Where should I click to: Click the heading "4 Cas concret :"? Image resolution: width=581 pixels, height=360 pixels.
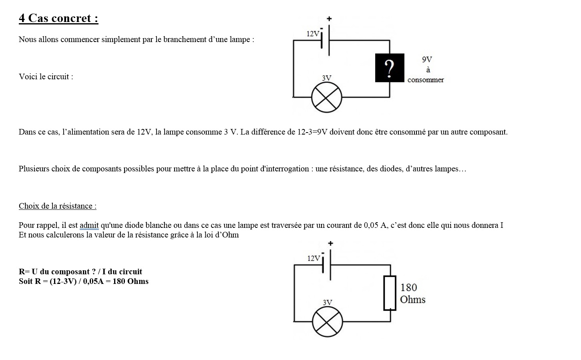click(x=58, y=18)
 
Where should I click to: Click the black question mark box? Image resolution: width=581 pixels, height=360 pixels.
click(x=389, y=68)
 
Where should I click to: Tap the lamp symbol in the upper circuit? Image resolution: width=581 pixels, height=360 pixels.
click(x=327, y=97)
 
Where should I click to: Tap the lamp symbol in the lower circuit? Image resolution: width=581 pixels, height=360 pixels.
click(x=328, y=322)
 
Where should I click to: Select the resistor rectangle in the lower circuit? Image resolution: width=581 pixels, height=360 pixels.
click(x=390, y=293)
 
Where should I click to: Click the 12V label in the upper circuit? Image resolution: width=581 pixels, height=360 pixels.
click(x=313, y=34)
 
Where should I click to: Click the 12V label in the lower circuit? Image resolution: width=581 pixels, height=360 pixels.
click(x=314, y=258)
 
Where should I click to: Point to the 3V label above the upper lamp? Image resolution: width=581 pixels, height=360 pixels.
click(x=326, y=78)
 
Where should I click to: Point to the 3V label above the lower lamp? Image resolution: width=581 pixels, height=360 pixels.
click(x=327, y=302)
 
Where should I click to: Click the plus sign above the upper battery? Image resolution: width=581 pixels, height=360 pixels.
click(x=329, y=18)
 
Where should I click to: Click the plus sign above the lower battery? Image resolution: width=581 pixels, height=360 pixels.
click(x=330, y=243)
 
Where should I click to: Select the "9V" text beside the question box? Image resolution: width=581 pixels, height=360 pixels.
click(x=427, y=60)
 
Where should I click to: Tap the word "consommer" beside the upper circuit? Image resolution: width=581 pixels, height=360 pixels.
click(x=426, y=80)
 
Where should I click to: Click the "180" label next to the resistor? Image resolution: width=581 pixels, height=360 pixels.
click(x=408, y=288)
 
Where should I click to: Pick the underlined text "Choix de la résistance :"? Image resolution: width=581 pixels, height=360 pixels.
click(x=58, y=206)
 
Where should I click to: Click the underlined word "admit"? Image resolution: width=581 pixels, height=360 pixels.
click(x=89, y=225)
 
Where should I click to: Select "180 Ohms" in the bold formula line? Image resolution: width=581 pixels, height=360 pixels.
click(x=131, y=281)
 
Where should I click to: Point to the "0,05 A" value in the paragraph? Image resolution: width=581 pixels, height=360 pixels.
click(x=375, y=225)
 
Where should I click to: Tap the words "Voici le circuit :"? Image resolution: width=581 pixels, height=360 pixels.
click(x=46, y=76)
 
